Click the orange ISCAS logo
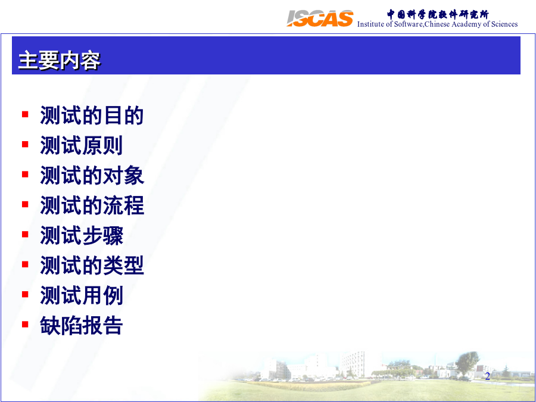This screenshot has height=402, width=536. tap(320, 18)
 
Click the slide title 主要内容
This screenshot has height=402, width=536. tap(59, 61)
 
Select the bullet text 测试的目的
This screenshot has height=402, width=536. tap(92, 115)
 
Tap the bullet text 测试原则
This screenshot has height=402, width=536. tap(82, 145)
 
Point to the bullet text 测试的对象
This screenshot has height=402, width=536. tap(92, 175)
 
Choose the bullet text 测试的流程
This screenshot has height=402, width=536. tap(92, 205)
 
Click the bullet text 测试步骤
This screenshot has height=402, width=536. tap(82, 235)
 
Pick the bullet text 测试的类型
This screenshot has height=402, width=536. tap(92, 265)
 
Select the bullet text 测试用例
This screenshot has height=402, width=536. tap(82, 295)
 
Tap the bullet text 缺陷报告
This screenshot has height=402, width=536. tap(82, 325)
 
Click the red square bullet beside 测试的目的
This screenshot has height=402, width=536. tap(25, 114)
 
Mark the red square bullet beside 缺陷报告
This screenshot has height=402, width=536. tap(25, 324)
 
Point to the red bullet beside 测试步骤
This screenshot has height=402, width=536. tap(25, 234)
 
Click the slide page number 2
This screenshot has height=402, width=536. tap(487, 376)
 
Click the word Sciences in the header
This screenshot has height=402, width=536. tap(504, 24)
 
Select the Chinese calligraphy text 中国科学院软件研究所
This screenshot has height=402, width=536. tap(438, 14)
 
